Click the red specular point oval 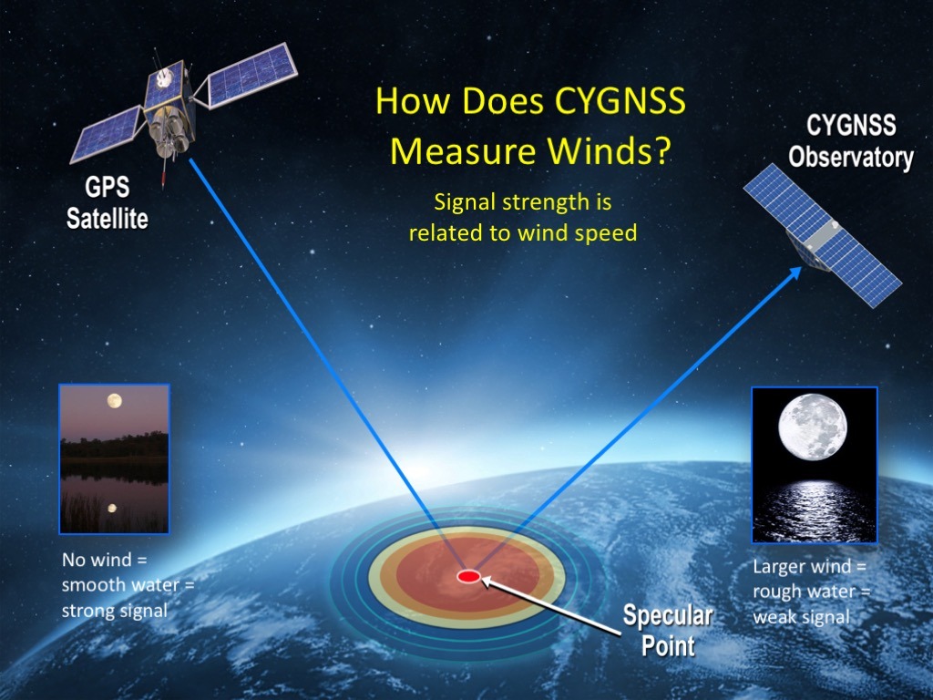[x=468, y=576]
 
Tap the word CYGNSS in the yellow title [x=620, y=100]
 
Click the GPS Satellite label [x=108, y=203]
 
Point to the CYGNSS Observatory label [x=851, y=141]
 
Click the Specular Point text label [x=668, y=630]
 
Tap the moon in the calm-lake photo [x=114, y=401]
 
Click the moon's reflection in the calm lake [x=112, y=508]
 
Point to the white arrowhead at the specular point [x=487, y=580]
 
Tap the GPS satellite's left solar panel [x=108, y=133]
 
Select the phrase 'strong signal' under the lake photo [x=114, y=611]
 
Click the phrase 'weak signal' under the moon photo [x=802, y=617]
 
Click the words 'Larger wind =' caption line [x=810, y=566]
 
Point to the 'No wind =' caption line [x=104, y=560]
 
